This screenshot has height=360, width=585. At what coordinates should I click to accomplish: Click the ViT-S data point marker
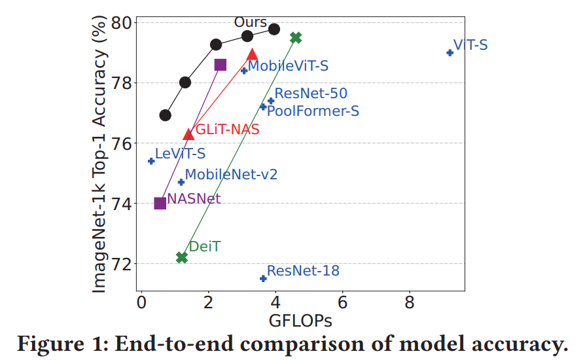coord(450,52)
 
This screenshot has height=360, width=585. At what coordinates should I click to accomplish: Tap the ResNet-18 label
coord(303,270)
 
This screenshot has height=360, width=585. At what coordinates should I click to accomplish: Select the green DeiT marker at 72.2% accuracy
coord(182,257)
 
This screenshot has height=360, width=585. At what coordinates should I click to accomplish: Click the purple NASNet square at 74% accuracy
coord(160,203)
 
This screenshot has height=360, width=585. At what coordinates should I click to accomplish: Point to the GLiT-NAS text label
coord(227,130)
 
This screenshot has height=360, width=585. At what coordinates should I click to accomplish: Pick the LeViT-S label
coord(180,154)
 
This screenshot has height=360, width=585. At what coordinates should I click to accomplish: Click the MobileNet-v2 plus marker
coord(181,182)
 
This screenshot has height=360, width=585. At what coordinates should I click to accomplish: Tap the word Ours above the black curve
coord(251,22)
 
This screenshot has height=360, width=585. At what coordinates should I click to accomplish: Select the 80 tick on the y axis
coord(124,23)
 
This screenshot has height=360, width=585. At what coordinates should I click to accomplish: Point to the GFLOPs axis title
coord(300,321)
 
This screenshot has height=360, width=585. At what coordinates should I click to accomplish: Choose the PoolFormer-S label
coord(313,111)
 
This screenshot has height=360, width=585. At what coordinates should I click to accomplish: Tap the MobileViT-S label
coord(288,65)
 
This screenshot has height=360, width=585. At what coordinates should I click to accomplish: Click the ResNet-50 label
coord(310,94)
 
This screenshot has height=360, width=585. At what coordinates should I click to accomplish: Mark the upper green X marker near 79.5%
coord(296,38)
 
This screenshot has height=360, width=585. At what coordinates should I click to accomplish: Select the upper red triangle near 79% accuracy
coord(252,54)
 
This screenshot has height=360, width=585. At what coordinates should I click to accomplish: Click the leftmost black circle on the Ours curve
coord(165,115)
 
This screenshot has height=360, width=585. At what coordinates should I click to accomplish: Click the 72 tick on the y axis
coord(124,264)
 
